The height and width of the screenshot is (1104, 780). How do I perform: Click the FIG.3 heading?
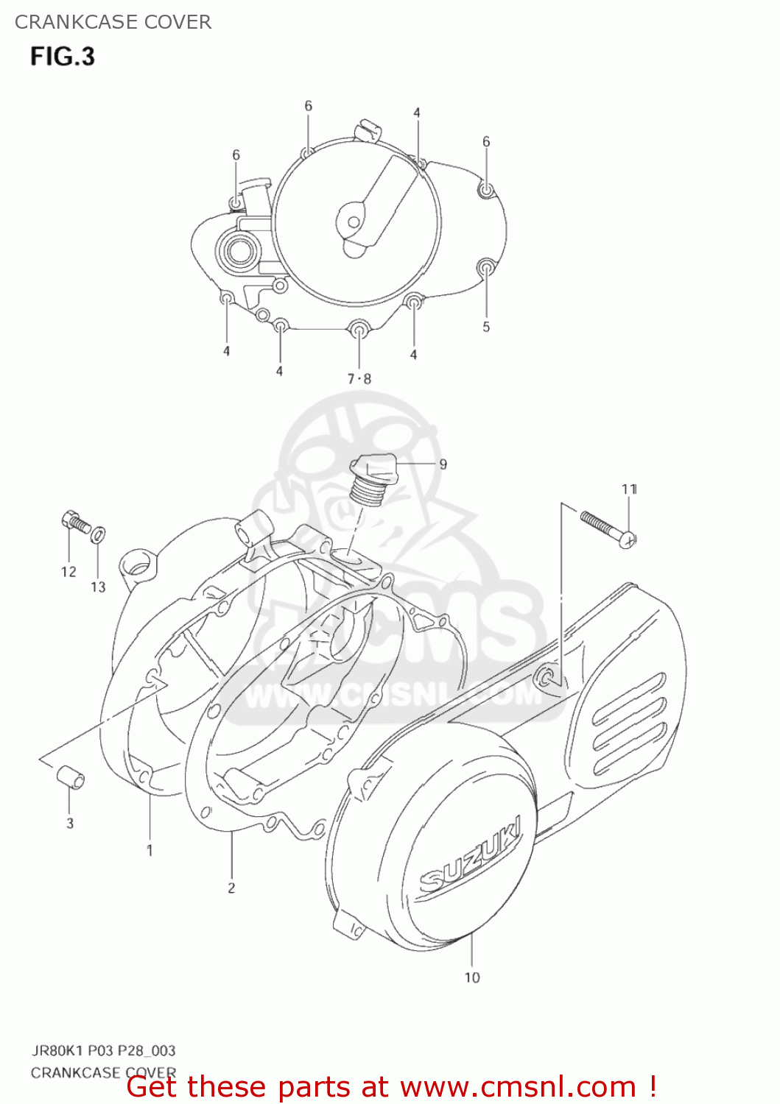[x=63, y=57]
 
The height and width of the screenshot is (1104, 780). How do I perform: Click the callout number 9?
[x=443, y=464]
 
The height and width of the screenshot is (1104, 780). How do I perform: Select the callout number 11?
[x=629, y=489]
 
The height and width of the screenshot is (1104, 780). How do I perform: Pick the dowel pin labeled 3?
[x=70, y=777]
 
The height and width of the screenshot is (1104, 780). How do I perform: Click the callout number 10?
[x=472, y=977]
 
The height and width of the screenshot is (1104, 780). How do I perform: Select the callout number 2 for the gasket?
[x=231, y=888]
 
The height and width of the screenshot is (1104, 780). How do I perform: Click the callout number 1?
[x=150, y=850]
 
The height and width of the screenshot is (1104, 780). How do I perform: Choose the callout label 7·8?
[x=359, y=379]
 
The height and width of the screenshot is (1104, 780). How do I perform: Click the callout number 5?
[x=486, y=327]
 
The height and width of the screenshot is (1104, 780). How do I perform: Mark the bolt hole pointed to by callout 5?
[x=486, y=267]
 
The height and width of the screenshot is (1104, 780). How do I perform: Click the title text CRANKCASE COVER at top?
[x=113, y=22]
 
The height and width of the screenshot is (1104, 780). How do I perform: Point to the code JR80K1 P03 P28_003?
[x=103, y=1050]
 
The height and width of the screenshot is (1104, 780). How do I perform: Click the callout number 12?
[x=68, y=572]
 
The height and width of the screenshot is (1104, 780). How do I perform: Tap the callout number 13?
[x=99, y=587]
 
